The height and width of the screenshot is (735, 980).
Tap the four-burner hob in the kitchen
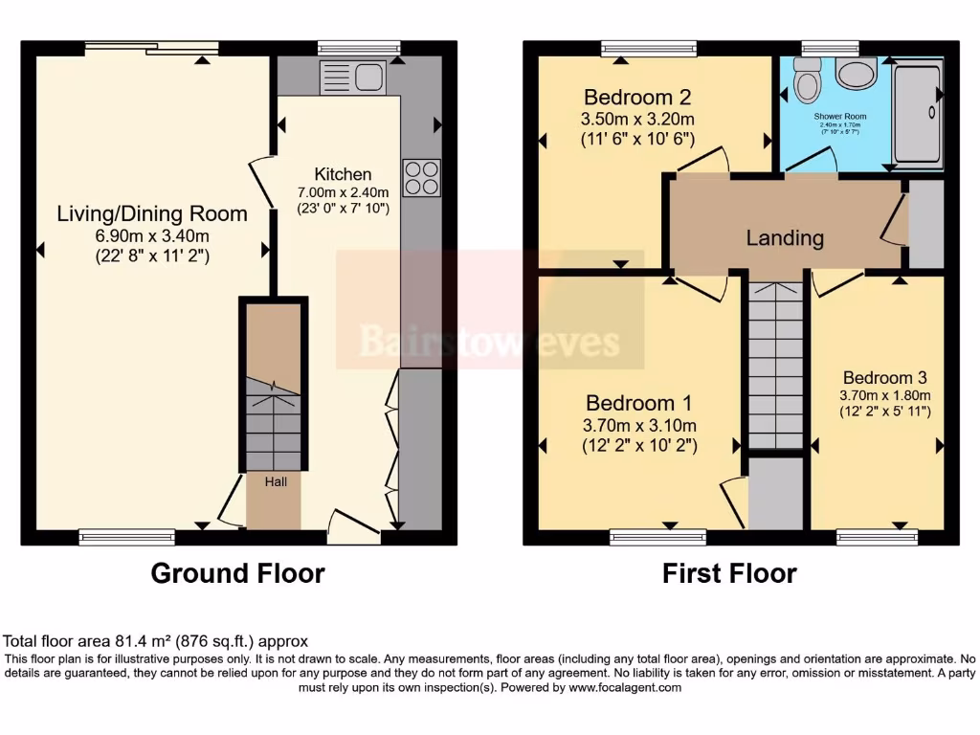point(422,177)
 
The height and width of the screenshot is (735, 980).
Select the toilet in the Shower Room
point(808,80)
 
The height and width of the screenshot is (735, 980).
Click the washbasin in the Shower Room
point(855,73)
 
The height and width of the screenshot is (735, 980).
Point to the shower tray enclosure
point(917,113)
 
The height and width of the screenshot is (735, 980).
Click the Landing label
point(785,237)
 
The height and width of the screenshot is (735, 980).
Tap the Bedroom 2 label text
point(637,97)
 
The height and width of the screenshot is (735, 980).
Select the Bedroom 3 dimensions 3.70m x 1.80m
point(884,395)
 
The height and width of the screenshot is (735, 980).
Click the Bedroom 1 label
point(639,402)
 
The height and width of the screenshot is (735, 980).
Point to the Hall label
point(276,481)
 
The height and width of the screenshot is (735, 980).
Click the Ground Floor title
point(237,573)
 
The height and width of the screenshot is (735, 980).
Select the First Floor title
point(729,573)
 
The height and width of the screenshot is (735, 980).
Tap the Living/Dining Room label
point(152,213)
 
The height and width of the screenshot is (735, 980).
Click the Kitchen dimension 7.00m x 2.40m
point(344,191)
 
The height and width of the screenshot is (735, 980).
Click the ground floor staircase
point(274,421)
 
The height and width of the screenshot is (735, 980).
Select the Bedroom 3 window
point(877,537)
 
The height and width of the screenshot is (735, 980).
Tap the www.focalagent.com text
point(625,687)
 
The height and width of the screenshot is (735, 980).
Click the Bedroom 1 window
point(657,537)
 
